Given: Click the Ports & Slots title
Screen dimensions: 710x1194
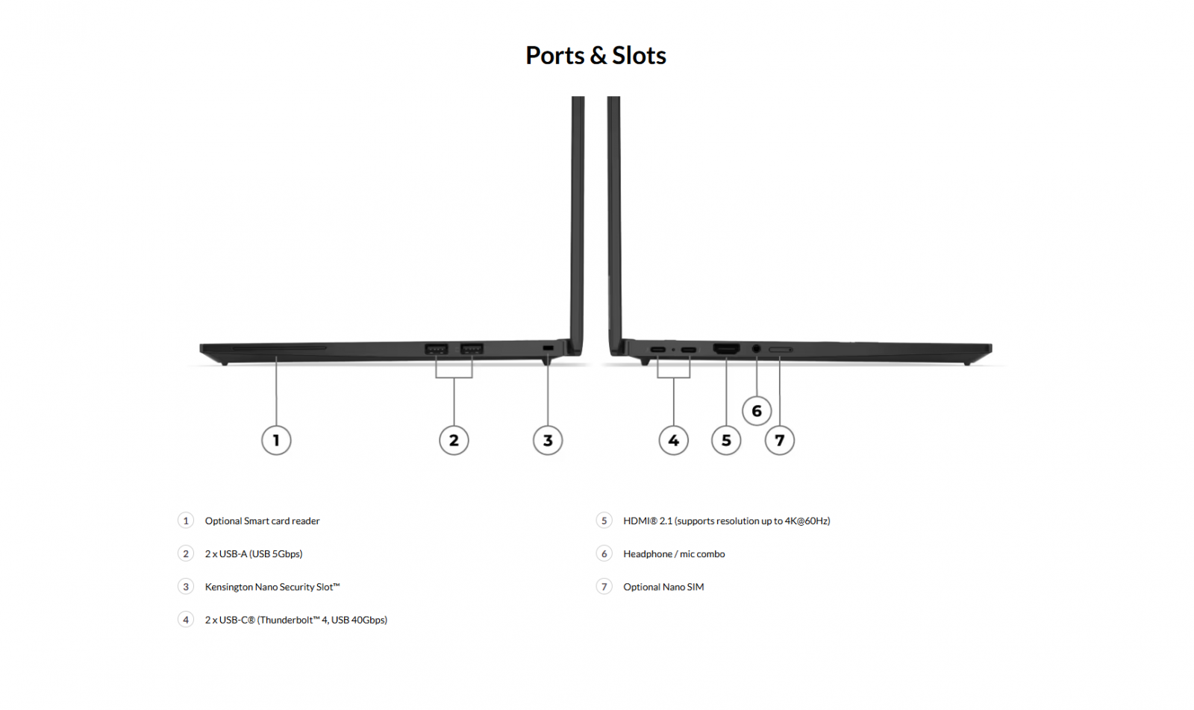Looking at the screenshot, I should coord(596,55).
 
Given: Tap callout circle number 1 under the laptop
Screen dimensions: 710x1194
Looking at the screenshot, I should coord(276,440).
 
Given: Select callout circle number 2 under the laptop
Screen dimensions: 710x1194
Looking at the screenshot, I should coord(454,440).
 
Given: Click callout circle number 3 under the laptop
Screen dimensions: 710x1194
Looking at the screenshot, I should coord(548,440).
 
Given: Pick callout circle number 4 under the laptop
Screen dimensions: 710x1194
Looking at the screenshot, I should coord(673,440).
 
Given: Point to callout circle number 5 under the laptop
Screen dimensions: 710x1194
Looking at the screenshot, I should coord(726,440).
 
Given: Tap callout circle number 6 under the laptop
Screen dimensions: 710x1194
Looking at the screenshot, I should coord(757,411).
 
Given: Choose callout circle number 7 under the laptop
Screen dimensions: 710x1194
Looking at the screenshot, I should coord(780,440).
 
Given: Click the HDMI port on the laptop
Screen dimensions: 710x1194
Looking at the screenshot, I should coord(726,349).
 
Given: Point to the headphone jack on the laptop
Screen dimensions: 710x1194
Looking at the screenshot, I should coord(757,348).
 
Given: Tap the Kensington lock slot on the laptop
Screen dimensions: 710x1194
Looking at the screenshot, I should coord(548,348).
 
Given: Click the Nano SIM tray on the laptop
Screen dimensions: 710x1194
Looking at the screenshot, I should coord(780,349).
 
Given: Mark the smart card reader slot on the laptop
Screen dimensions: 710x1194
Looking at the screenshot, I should coord(279,348).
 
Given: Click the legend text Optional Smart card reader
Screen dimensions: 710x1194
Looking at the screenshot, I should coord(262,521).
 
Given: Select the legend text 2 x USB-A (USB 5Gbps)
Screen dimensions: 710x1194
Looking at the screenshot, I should coord(254,554).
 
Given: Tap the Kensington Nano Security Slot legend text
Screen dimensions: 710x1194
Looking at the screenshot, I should coord(272,587).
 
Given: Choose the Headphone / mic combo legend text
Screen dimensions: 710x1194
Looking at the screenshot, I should coord(674,554).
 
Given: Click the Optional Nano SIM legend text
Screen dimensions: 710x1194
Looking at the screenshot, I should coord(663,587).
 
